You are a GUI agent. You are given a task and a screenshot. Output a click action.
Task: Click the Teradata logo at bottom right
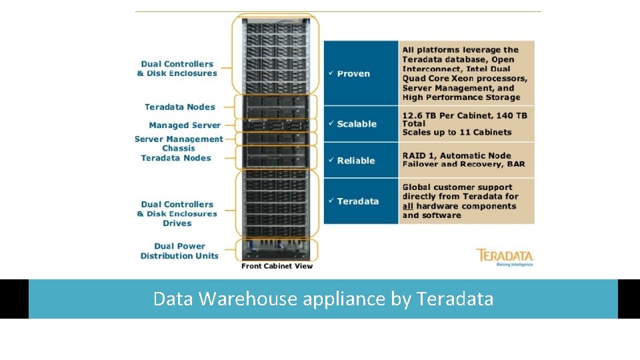[x=505, y=257]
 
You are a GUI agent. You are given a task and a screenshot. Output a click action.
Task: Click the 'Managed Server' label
[x=185, y=125]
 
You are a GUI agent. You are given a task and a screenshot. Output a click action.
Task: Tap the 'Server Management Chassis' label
[x=179, y=143]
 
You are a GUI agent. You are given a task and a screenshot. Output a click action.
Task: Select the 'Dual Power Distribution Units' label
[x=179, y=251]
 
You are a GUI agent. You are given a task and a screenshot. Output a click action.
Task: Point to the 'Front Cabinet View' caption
[x=277, y=266]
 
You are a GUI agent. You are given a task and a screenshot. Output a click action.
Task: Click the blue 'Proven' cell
[x=360, y=73]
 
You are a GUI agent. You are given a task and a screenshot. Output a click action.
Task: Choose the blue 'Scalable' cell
[x=360, y=124]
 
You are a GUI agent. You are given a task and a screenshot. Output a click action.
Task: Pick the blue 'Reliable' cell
[x=360, y=161]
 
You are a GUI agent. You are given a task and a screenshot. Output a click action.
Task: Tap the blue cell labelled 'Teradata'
[x=360, y=201]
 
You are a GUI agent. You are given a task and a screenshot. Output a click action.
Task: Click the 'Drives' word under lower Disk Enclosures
[x=177, y=223]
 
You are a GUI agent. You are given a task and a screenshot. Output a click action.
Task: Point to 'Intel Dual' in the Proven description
[x=491, y=69]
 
